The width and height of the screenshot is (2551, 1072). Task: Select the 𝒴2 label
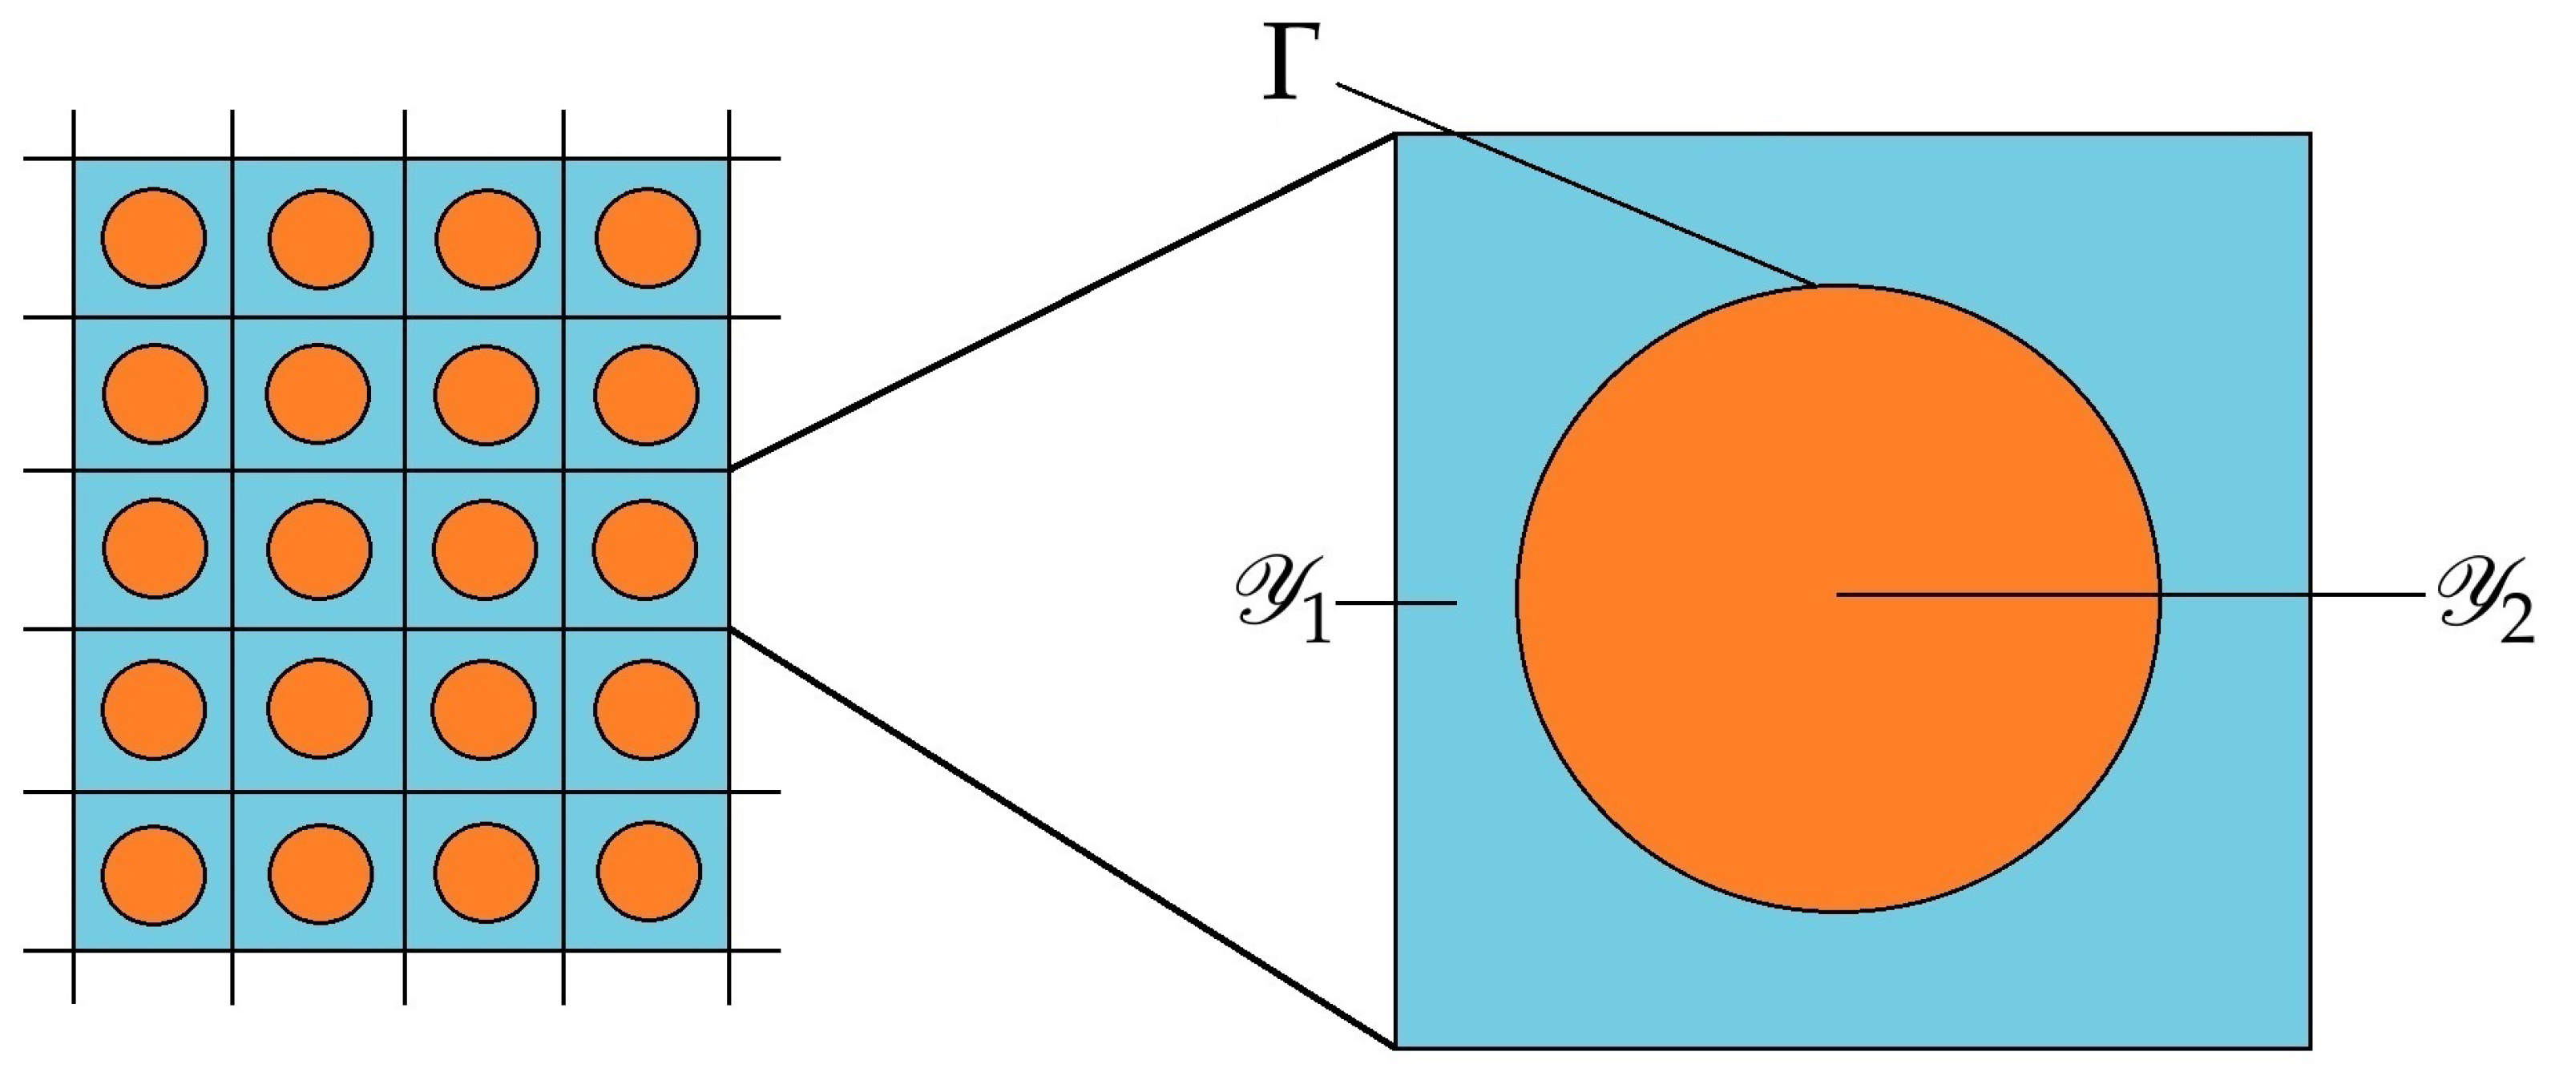point(2484,602)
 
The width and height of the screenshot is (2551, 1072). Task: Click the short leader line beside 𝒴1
point(1396,602)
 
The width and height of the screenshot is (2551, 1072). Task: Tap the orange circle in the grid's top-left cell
point(154,239)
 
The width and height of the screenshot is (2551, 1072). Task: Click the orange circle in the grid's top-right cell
point(648,239)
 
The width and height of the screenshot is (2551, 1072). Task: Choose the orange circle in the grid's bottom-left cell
point(154,875)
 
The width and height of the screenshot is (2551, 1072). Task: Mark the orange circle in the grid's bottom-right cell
point(648,872)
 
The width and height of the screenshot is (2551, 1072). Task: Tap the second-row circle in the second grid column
point(318,393)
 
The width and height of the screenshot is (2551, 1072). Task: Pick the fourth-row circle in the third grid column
point(483,710)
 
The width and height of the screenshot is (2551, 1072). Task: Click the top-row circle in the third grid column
point(487,240)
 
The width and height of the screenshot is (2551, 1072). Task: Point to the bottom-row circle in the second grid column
point(320,875)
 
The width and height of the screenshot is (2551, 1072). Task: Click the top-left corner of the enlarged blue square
point(1396,135)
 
